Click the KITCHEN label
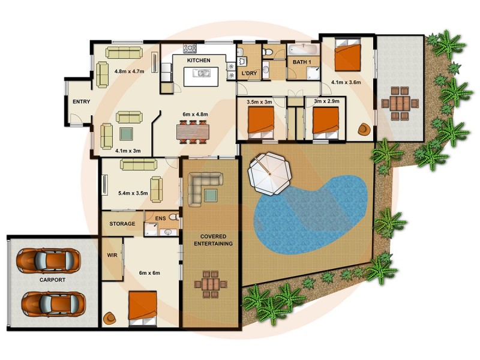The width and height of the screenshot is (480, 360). pyautogui.click(x=199, y=61)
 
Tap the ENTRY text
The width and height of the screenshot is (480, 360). pyautogui.click(x=81, y=102)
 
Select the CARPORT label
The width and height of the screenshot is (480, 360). pyautogui.click(x=53, y=280)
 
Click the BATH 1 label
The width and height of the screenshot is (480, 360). pyautogui.click(x=301, y=62)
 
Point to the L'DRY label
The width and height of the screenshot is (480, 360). pyautogui.click(x=249, y=74)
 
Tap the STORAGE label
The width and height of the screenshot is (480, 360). pyautogui.click(x=122, y=224)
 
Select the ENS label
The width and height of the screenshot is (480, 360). pyautogui.click(x=160, y=218)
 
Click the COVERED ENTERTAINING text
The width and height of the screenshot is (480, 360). pyautogui.click(x=212, y=240)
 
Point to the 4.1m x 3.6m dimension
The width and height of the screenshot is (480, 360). pyautogui.click(x=346, y=83)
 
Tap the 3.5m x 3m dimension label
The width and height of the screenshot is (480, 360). pyautogui.click(x=259, y=102)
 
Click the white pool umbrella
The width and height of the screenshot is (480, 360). pyautogui.click(x=269, y=173)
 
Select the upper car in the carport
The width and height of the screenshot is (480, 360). pyautogui.click(x=48, y=260)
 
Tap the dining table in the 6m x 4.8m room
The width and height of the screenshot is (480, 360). pyautogui.click(x=193, y=131)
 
